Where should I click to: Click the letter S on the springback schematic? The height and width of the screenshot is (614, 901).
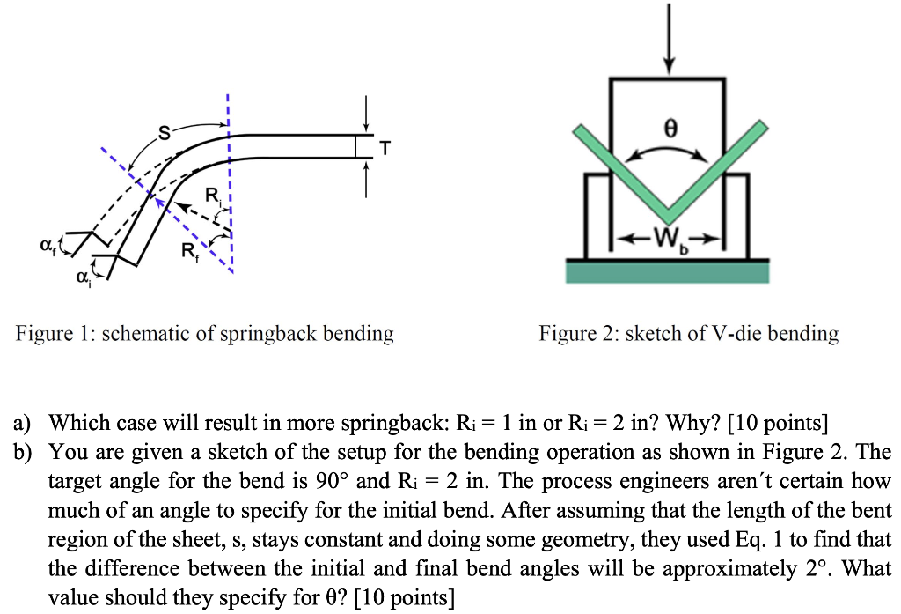163,134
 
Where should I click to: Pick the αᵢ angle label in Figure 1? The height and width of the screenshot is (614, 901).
84,277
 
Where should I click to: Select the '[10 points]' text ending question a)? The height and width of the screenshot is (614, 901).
778,424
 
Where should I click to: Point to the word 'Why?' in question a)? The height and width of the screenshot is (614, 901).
675,424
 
